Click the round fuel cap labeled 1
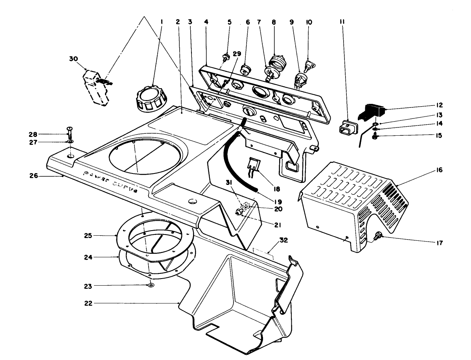click(149, 98)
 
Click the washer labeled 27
click(70, 141)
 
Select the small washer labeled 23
click(151, 285)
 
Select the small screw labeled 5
click(226, 57)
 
